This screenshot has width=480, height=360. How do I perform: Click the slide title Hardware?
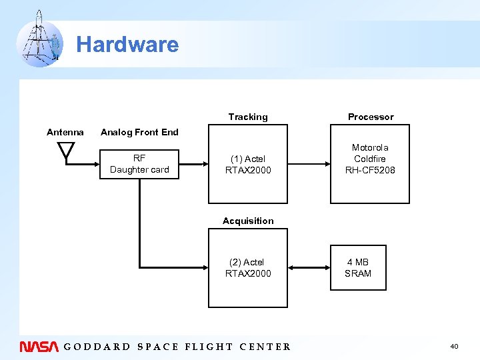(x=127, y=45)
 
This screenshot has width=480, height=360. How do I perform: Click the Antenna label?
(x=65, y=132)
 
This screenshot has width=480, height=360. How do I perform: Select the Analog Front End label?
(x=139, y=132)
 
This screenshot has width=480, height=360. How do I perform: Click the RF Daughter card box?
(x=139, y=164)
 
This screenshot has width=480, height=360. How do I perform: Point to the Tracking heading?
(x=248, y=117)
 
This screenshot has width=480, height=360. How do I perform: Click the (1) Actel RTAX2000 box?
(x=248, y=164)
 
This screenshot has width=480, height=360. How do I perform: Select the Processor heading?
(x=371, y=117)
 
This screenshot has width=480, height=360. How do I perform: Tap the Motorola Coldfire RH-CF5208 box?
(x=370, y=164)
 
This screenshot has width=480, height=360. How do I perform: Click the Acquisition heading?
(x=248, y=221)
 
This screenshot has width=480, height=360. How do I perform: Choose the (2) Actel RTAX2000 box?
(x=248, y=268)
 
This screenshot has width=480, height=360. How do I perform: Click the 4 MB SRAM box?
(x=358, y=268)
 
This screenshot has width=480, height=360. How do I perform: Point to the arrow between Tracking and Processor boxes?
(x=309, y=164)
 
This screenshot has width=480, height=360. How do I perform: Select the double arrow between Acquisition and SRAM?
(x=309, y=268)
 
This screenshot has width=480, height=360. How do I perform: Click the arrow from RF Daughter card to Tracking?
(x=194, y=164)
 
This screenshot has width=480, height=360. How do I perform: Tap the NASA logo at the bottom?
(x=39, y=346)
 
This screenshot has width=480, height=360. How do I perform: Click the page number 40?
(x=454, y=346)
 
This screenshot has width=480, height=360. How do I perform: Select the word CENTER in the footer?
(x=265, y=347)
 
